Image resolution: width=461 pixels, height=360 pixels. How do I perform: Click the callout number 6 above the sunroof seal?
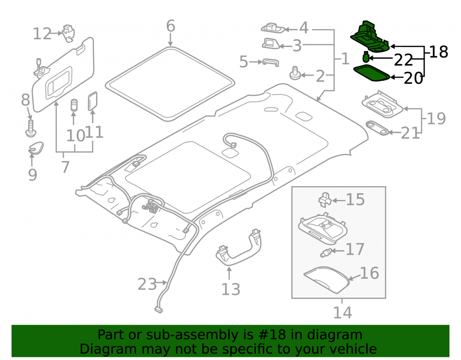tap(171, 26)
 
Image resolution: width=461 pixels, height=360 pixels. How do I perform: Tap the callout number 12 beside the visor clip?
tap(42, 34)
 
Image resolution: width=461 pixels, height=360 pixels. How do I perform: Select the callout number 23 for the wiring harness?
tap(147, 284)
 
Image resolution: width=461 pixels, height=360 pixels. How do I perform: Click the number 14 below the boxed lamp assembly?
tap(343, 313)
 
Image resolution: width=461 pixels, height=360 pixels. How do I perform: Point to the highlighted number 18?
tap(439, 52)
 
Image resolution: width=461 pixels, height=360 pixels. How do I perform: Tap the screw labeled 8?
tap(30, 128)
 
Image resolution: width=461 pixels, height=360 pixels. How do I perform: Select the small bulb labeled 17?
tap(327, 253)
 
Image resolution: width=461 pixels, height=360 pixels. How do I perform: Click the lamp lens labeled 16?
tap(326, 280)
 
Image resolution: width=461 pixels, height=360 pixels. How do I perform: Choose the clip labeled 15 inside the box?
tap(325, 199)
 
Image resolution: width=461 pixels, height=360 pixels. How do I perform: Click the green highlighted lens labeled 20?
tap(371, 73)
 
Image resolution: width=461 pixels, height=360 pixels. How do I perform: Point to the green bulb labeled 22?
tap(366, 56)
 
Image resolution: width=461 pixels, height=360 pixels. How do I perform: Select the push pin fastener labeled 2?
tap(295, 73)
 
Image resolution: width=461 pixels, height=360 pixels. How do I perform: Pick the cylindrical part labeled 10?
tap(74, 105)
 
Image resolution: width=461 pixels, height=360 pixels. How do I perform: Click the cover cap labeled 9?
tap(36, 148)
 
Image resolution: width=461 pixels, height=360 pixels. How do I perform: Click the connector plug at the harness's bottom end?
tap(158, 309)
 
